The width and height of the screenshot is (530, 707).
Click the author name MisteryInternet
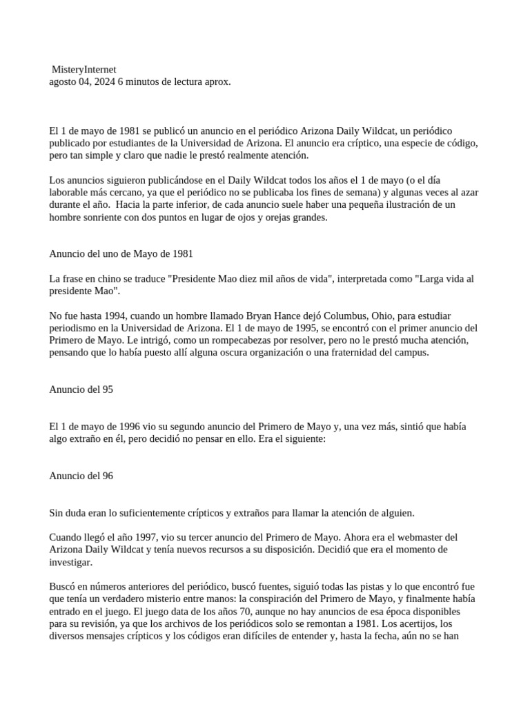(85, 70)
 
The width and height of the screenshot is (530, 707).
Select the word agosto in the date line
(63, 81)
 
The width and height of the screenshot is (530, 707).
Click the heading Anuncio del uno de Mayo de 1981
(121, 254)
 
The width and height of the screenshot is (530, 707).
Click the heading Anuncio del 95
(81, 389)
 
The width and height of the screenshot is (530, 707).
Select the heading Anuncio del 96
(81, 476)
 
